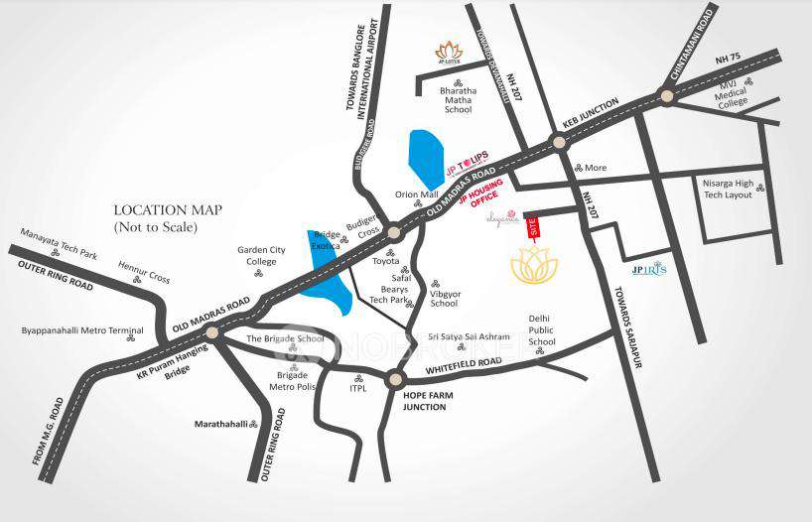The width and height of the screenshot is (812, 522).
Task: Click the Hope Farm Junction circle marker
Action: [x=395, y=379]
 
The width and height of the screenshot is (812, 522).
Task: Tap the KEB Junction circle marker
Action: [x=560, y=142]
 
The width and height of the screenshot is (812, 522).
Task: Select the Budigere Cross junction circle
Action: [x=394, y=232]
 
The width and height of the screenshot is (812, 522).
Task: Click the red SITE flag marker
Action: [x=531, y=227]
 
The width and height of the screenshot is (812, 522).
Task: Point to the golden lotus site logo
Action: [x=534, y=265]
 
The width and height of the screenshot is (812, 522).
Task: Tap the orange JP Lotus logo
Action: [x=450, y=52]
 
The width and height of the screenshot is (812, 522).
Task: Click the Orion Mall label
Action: [x=416, y=195]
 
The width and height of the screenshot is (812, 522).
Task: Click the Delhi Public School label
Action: [x=541, y=329]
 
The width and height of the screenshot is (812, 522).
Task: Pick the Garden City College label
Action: [x=261, y=256]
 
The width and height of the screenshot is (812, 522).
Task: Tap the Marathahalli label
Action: [x=220, y=423]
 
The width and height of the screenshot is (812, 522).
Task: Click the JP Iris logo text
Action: [x=649, y=269]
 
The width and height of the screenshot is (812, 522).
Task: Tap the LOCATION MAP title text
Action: [x=168, y=209]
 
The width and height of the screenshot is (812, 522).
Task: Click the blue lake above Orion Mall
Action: [x=427, y=159]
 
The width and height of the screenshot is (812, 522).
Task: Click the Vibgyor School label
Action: [x=444, y=298]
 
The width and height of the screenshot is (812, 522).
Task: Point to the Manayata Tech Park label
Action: [x=60, y=242]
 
